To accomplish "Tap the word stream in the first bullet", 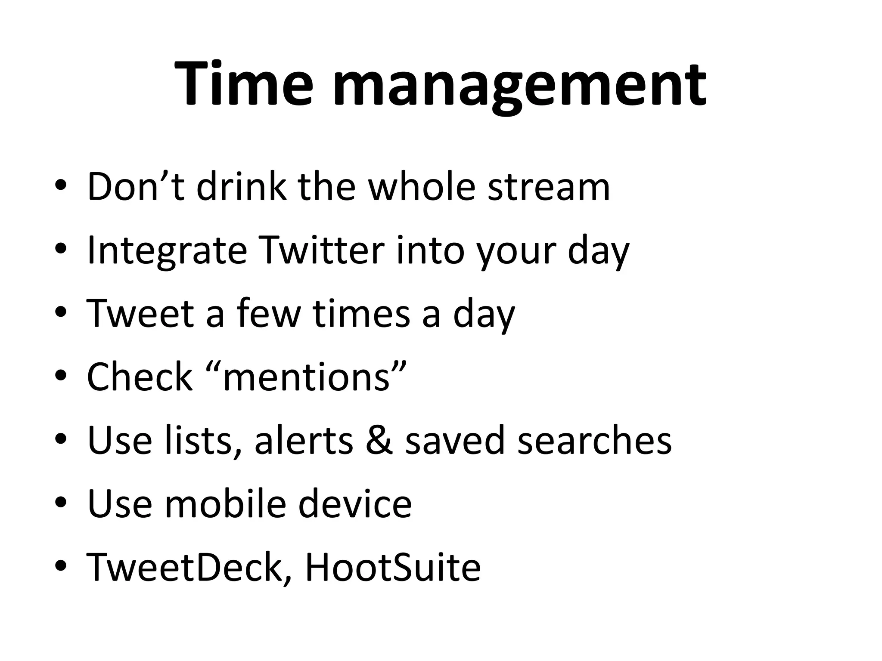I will [549, 187].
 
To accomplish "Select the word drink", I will [241, 187].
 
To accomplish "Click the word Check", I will [140, 377].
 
